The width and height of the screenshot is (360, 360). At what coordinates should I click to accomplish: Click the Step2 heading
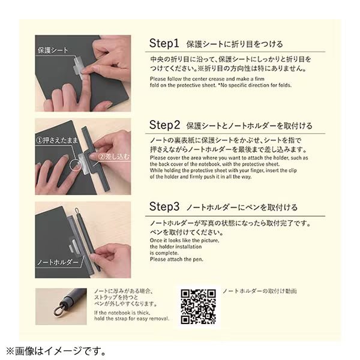(164, 125)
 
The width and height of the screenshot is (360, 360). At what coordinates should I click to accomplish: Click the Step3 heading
(164, 207)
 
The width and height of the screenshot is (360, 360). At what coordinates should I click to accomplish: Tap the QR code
(199, 307)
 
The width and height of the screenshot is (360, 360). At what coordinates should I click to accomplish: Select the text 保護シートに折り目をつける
(235, 44)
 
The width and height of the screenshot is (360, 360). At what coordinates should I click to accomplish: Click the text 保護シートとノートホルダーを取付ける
(248, 126)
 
